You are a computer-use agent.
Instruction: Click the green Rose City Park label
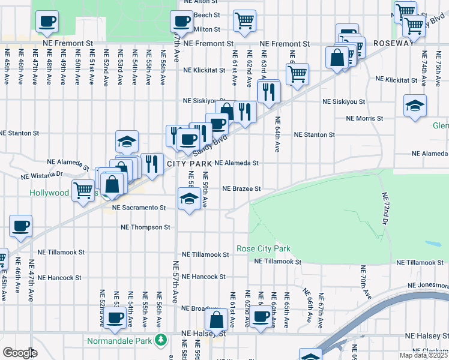pos(264,248)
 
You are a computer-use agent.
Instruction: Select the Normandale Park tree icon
pos(160,340)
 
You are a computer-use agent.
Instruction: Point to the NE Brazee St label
pos(241,188)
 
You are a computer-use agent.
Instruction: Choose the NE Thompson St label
pos(146,227)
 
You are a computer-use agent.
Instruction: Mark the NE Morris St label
pos(364,118)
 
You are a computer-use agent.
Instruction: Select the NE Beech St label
pos(207,14)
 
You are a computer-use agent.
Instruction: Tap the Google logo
pos(20,353)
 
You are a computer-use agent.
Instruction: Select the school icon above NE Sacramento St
pos(189,199)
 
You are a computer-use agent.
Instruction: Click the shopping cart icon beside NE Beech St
pos(244,21)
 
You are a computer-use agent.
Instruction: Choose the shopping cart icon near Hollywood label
pos(83,190)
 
